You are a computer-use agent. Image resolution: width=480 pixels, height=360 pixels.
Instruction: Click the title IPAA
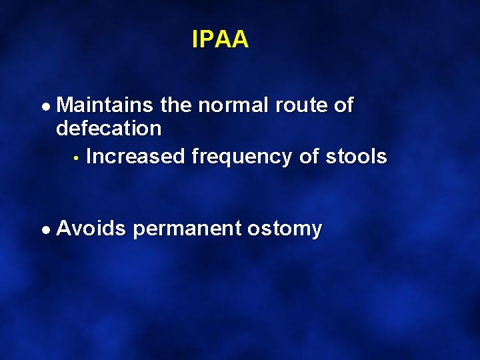pyautogui.click(x=220, y=40)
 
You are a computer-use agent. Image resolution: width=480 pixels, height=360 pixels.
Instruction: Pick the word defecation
pyautogui.click(x=109, y=128)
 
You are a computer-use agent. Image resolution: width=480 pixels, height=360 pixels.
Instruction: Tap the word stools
pyautogui.click(x=356, y=157)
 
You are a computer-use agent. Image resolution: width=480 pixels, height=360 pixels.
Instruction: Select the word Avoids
pyautogui.click(x=91, y=229)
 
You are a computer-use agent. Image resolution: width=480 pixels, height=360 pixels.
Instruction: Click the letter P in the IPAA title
pyautogui.click(x=207, y=40)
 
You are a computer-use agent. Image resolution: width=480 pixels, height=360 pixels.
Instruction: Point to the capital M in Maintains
pyautogui.click(x=65, y=105)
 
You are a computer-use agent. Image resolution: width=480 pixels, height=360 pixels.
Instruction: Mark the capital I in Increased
pyautogui.click(x=89, y=157)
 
